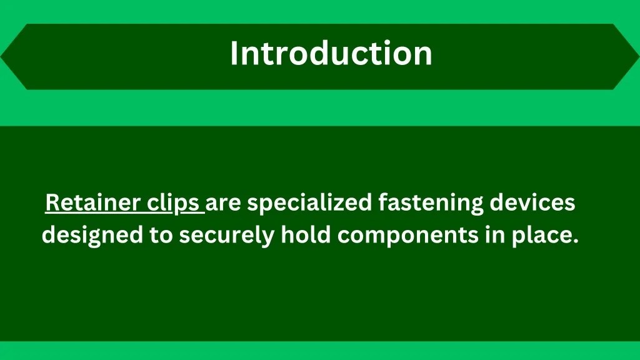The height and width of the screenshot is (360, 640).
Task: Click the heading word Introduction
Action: coord(331,53)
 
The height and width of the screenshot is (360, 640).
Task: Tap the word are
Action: coord(222,204)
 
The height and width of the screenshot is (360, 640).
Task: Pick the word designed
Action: coord(92,236)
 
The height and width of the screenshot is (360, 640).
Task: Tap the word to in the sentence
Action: coord(161,236)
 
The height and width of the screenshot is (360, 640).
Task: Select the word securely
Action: coord(227,236)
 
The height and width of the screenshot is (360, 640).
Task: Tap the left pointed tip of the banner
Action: coord(2,57)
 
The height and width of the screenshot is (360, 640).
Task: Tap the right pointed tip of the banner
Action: coord(637,57)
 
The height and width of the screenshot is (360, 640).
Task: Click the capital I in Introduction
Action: coord(234,53)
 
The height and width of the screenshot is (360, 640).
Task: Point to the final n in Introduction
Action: coord(424,56)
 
